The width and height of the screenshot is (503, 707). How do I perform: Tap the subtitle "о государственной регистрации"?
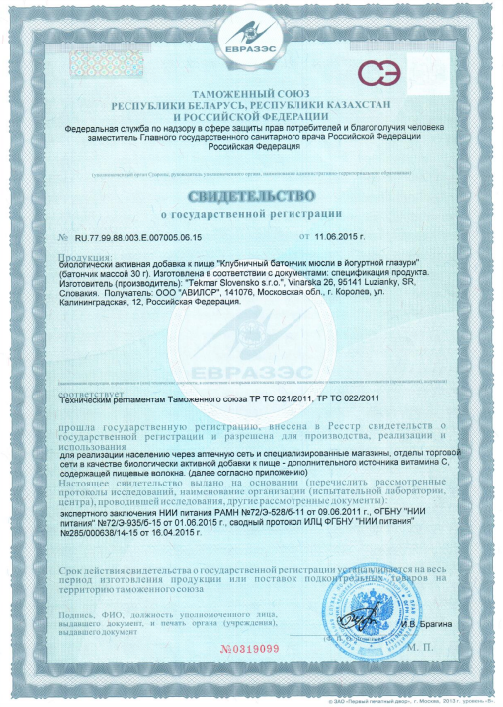coord(251,213)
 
